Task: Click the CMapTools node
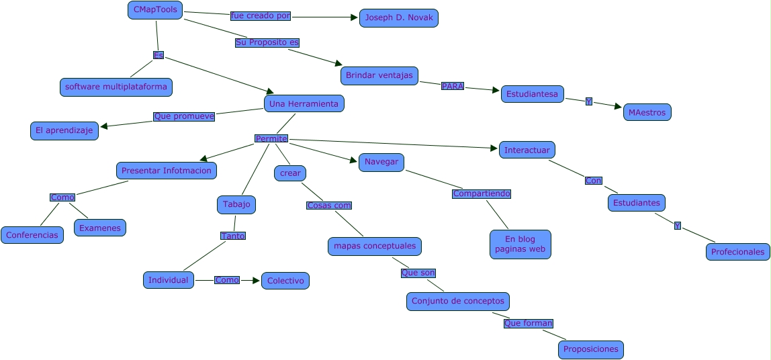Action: click(x=155, y=10)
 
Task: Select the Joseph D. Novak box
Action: click(x=399, y=18)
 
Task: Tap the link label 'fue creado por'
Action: click(x=261, y=15)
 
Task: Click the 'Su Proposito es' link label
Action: click(x=267, y=42)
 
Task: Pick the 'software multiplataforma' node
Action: click(x=116, y=87)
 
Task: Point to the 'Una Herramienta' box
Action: click(x=304, y=104)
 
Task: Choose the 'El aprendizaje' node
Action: click(x=64, y=131)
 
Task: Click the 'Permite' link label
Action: click(x=271, y=138)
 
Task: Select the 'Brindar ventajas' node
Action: click(x=379, y=76)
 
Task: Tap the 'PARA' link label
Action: click(x=453, y=86)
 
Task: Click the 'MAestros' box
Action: click(x=647, y=112)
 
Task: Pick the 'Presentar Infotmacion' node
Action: click(x=166, y=171)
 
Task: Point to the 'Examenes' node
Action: click(x=100, y=228)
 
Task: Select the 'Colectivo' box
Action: click(x=285, y=281)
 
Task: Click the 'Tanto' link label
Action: click(x=233, y=236)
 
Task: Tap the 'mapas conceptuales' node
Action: click(x=375, y=246)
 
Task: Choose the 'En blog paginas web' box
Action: click(x=520, y=244)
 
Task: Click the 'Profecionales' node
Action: click(x=738, y=252)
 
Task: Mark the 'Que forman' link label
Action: click(x=529, y=323)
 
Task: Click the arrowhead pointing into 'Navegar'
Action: click(x=353, y=161)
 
